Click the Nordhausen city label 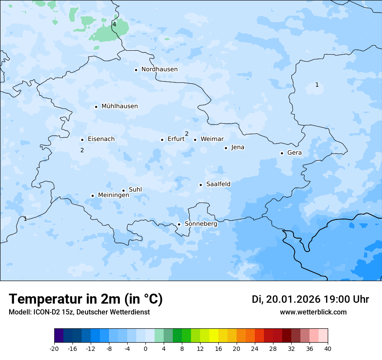point(159,69)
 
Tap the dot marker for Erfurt point(162,140)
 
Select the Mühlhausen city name point(119,106)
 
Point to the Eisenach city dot point(82,140)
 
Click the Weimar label point(212,139)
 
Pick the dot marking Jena point(226,148)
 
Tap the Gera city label point(294,153)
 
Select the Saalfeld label point(218,184)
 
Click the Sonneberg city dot point(179,224)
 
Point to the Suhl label point(135,190)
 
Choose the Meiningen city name point(113,195)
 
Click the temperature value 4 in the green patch point(114,24)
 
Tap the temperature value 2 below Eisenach point(82,150)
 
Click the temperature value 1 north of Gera point(317,85)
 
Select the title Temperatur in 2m point(86,299)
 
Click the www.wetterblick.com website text point(313,312)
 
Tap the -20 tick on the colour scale point(54,348)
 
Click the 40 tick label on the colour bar point(328,348)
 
